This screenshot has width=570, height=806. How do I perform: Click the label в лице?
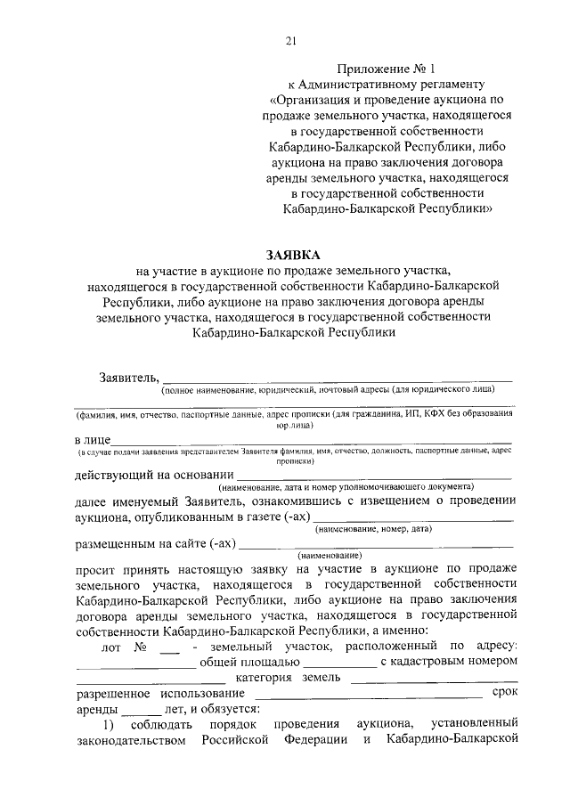(92, 440)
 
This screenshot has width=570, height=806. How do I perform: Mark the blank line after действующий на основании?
(375, 478)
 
